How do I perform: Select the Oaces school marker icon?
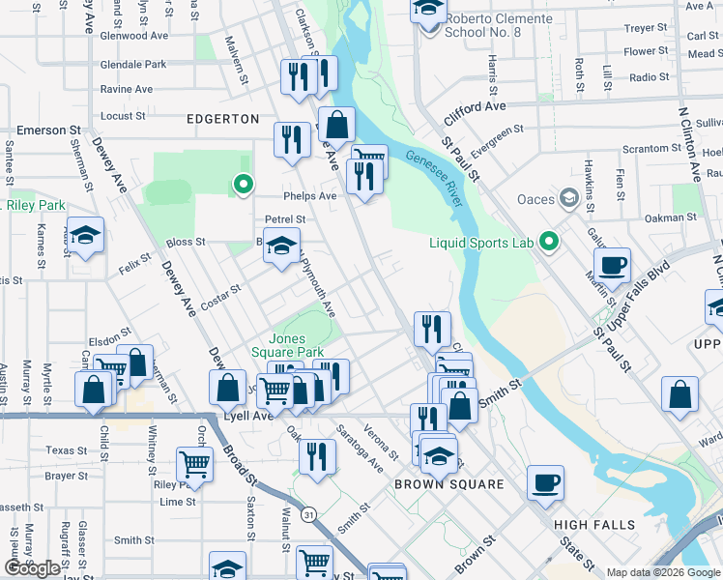pyautogui.click(x=569, y=199)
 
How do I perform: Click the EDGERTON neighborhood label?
pyautogui.click(x=223, y=119)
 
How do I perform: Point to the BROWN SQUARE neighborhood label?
pyautogui.click(x=448, y=483)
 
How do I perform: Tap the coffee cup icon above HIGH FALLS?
pyautogui.click(x=545, y=481)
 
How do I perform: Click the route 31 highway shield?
pyautogui.click(x=307, y=516)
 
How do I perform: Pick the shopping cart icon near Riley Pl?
pyautogui.click(x=194, y=463)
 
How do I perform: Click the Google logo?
pyautogui.click(x=32, y=568)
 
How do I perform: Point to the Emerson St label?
pyautogui.click(x=47, y=130)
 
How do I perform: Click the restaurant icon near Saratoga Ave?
pyautogui.click(x=316, y=454)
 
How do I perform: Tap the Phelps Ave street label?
pyautogui.click(x=309, y=195)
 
